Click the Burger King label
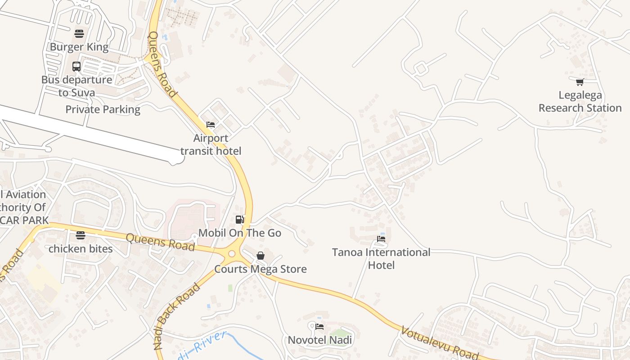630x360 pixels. [79, 47]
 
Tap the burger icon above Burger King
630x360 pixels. [79, 33]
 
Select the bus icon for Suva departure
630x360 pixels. [76, 67]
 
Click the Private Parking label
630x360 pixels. [103, 109]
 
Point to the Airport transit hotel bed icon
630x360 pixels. [210, 125]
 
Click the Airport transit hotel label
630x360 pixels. [211, 144]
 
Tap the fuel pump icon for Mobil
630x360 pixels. [240, 220]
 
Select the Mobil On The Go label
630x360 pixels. [240, 233]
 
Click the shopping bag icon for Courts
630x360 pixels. [261, 256]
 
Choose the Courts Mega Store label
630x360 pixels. [261, 269]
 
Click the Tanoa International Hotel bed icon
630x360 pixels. [381, 239]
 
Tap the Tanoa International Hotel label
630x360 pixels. [381, 259]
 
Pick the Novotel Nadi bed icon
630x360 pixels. [319, 326]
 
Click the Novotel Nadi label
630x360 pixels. [320, 340]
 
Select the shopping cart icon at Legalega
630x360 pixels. [580, 82]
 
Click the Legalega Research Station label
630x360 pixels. [580, 102]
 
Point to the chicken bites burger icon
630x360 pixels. [81, 235]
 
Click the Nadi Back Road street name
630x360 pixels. [176, 316]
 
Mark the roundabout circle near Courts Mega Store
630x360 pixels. [232, 254]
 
